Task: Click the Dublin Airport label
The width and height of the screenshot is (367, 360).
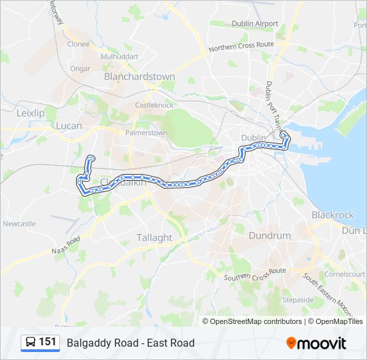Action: click(x=255, y=23)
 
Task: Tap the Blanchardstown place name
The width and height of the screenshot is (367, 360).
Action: click(x=139, y=77)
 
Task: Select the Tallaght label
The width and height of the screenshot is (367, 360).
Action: click(x=154, y=237)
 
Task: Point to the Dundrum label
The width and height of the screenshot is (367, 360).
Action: click(x=270, y=235)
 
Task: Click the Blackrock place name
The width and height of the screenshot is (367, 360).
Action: click(x=333, y=215)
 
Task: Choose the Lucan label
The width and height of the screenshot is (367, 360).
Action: click(x=69, y=125)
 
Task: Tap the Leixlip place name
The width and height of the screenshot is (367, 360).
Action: click(x=30, y=113)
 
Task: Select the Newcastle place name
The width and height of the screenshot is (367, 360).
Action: click(x=19, y=223)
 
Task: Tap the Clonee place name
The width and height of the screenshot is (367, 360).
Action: click(x=78, y=44)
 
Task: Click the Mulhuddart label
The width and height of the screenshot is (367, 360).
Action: click(x=119, y=57)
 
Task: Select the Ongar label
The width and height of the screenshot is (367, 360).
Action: click(x=79, y=68)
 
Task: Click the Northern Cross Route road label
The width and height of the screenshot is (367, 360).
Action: click(x=241, y=47)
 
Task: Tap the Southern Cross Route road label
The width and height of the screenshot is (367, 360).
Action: click(x=255, y=273)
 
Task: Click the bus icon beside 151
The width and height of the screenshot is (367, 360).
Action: click(x=30, y=343)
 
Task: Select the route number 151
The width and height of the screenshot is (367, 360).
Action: click(x=47, y=342)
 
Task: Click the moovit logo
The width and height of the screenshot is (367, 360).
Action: click(x=316, y=343)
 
